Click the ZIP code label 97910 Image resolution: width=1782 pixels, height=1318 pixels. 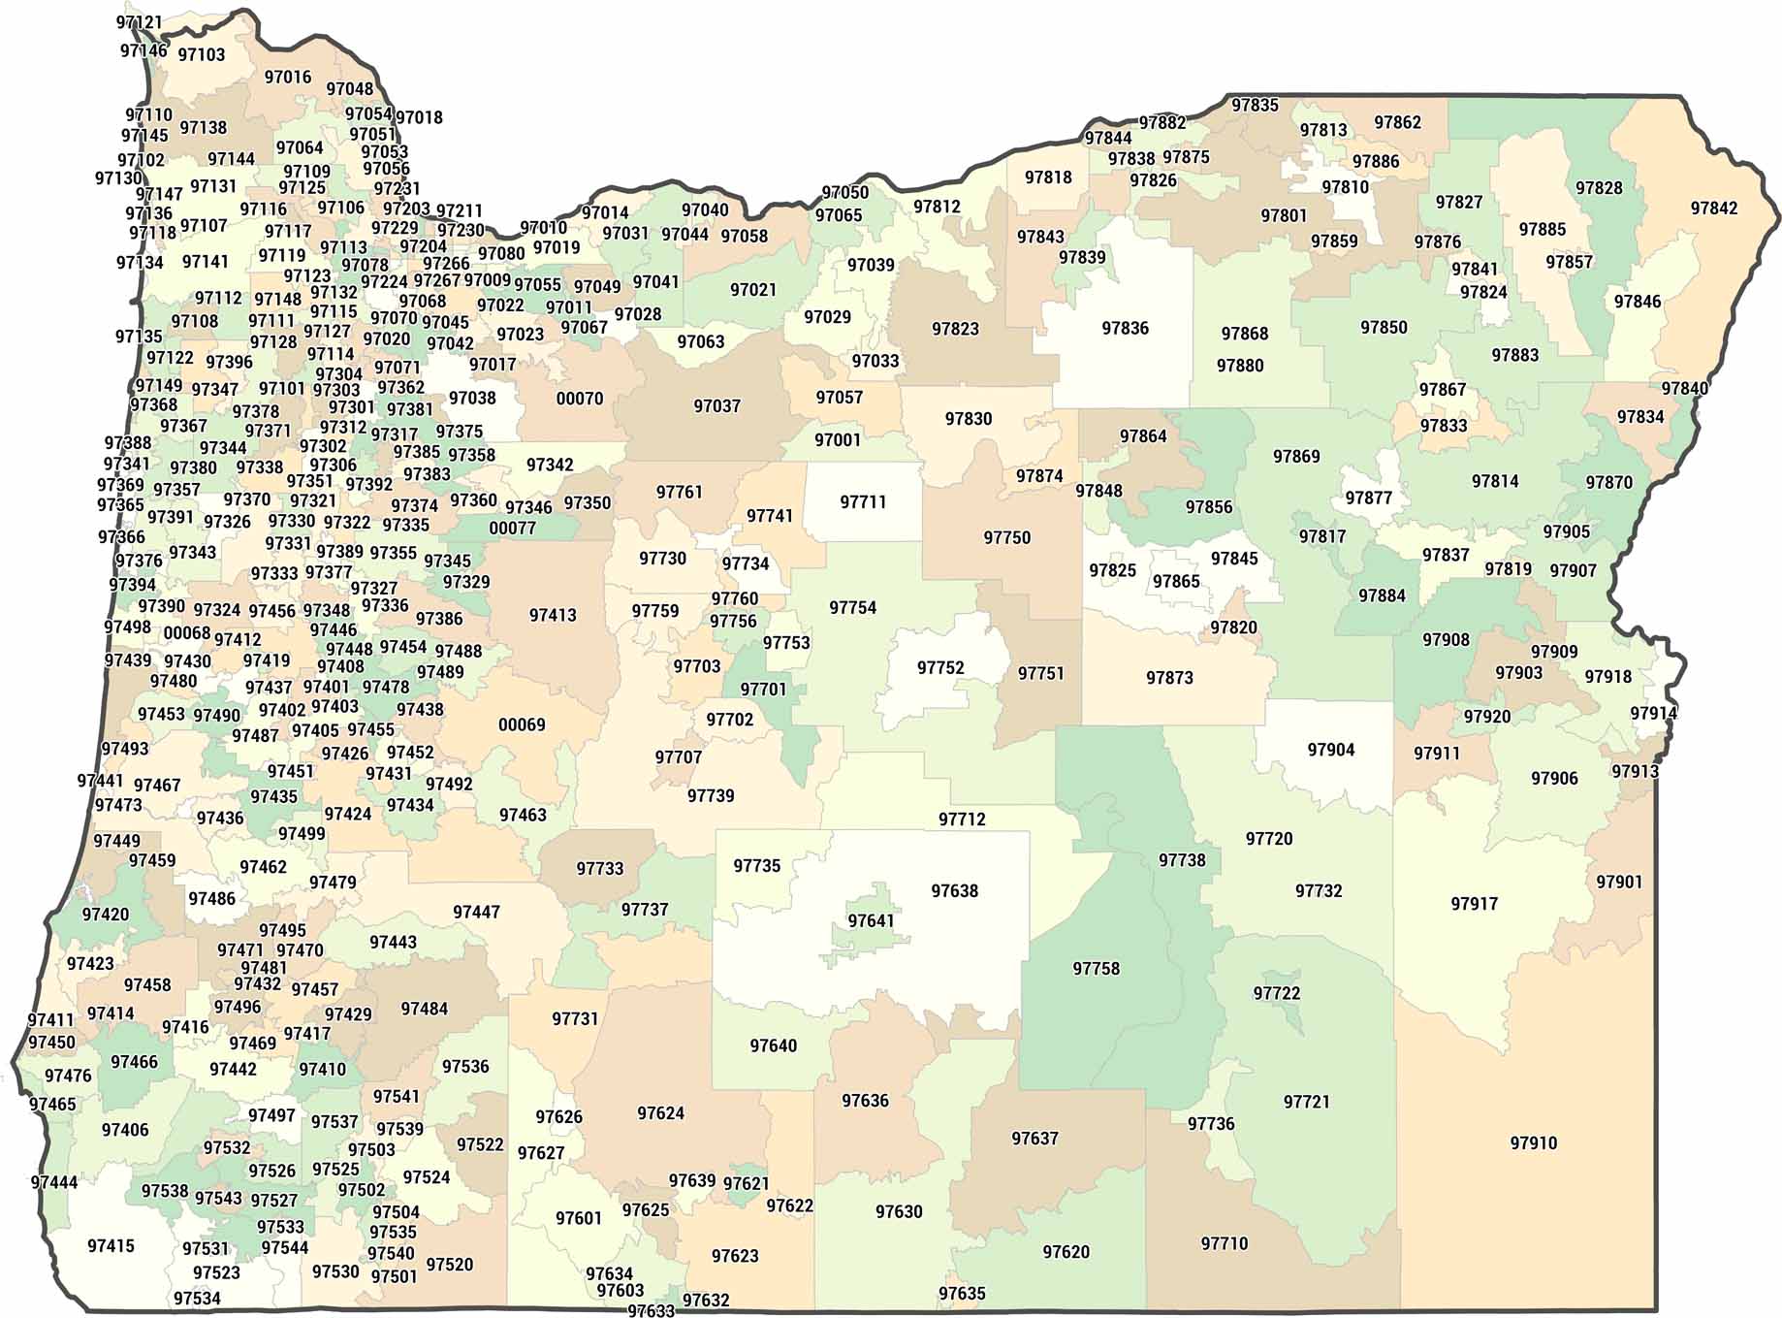[x=1533, y=1143]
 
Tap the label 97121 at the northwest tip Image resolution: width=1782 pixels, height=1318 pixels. [x=140, y=21]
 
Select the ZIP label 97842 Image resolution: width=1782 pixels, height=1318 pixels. [x=1713, y=209]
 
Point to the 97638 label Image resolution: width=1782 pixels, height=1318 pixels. [x=954, y=891]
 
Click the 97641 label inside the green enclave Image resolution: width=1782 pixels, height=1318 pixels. [x=871, y=920]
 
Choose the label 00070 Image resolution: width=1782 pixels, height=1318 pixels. [x=579, y=399]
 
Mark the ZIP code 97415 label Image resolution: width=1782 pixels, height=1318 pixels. [x=111, y=1246]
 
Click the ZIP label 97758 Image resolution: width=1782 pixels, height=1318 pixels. [x=1096, y=969]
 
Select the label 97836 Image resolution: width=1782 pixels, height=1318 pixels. [x=1125, y=329]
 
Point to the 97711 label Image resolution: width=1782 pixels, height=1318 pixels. [x=863, y=502]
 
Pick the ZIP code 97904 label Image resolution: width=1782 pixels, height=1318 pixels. [x=1330, y=750]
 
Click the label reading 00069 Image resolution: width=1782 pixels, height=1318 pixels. [x=522, y=724]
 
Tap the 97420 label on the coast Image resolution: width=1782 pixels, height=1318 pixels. [x=105, y=915]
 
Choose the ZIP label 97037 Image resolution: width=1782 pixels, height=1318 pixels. [x=716, y=406]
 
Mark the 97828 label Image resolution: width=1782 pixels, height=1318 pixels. [x=1598, y=188]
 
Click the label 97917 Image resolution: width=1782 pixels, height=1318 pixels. [x=1474, y=904]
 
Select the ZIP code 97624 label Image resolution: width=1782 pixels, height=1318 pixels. [x=660, y=1113]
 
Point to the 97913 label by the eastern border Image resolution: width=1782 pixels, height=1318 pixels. [x=1635, y=772]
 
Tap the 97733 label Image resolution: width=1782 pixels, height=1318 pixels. [x=599, y=869]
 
